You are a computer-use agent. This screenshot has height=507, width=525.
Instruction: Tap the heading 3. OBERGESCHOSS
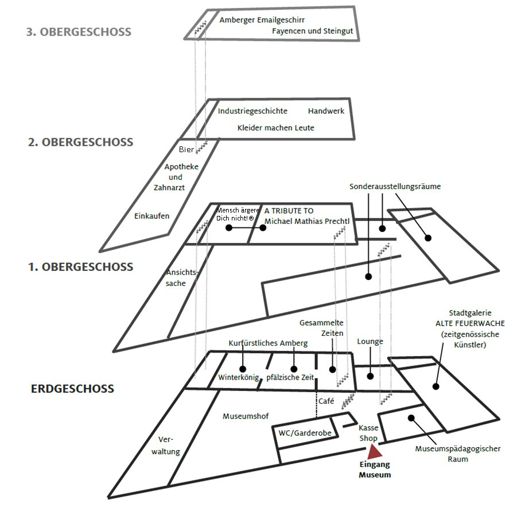pos(79,32)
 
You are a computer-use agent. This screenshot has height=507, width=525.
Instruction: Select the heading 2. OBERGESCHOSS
pos(80,142)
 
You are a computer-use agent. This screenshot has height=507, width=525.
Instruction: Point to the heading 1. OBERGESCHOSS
pos(80,267)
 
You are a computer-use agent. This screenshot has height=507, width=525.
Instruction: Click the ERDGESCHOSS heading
pos(72,389)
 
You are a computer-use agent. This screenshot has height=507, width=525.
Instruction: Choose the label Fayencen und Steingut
pos(313,31)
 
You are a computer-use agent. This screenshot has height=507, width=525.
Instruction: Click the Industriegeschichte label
pos(252,111)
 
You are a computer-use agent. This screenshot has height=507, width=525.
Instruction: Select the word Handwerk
pos(326,111)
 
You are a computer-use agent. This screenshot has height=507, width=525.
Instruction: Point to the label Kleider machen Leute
pos(276,127)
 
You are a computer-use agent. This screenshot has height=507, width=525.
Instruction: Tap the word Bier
pos(186,150)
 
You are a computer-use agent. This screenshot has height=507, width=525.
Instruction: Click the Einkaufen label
pos(151,216)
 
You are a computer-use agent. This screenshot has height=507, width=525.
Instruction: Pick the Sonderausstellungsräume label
pos(395,187)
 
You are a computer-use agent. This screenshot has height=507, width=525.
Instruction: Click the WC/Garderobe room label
pos(305,433)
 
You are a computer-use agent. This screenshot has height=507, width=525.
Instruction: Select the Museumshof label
pos(246,416)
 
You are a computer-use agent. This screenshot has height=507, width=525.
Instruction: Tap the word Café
pos(326,401)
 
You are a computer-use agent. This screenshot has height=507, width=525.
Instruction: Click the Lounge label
pos(370,341)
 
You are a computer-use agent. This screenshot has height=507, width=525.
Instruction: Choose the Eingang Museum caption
pos(375,470)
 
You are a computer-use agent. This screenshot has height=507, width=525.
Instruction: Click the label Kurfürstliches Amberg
pos(268,343)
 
